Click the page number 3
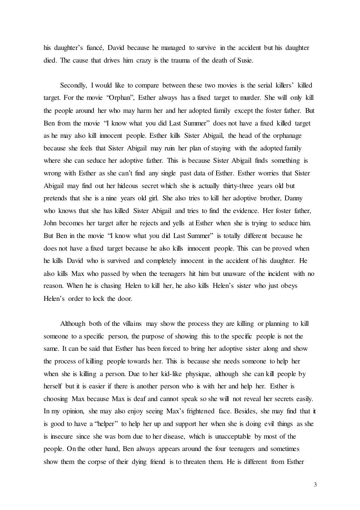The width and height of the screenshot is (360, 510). (x=315, y=485)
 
